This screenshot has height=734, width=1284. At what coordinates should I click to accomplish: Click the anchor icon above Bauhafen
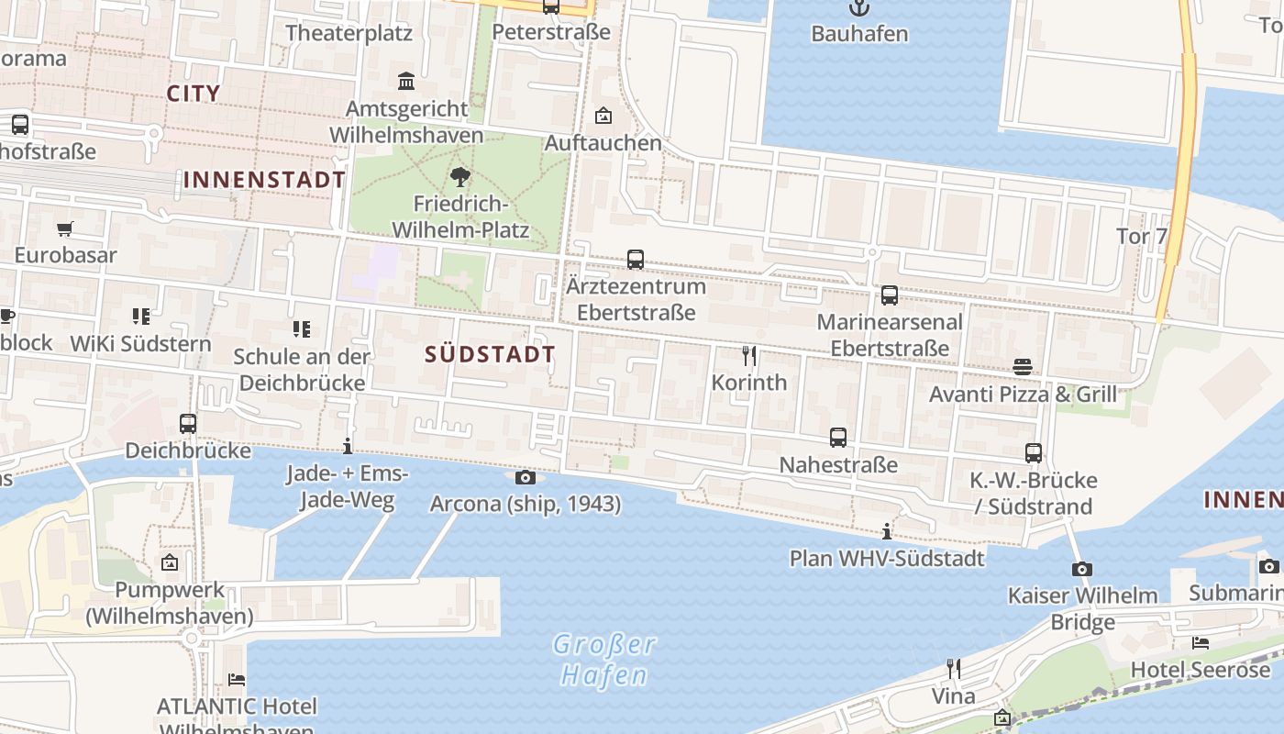click(x=858, y=8)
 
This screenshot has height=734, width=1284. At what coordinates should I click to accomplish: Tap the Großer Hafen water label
click(x=604, y=660)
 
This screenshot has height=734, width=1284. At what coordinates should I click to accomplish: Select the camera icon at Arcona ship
click(x=526, y=477)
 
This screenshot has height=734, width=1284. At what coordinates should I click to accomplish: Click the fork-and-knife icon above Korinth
click(x=749, y=356)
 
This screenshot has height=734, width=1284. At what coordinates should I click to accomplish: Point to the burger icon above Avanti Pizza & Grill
click(x=1023, y=367)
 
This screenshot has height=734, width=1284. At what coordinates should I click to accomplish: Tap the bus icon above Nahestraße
click(x=838, y=438)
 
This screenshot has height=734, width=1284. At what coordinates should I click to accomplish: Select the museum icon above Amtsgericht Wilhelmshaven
click(x=406, y=82)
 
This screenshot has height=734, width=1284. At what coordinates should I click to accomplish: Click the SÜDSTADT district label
click(x=491, y=354)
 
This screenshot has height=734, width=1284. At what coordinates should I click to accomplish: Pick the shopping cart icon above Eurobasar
click(x=64, y=228)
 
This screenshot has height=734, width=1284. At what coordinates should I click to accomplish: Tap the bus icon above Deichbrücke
click(x=188, y=424)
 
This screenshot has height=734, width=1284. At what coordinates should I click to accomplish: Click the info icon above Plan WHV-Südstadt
click(x=886, y=531)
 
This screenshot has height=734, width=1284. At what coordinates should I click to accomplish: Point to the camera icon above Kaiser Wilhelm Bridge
click(x=1082, y=569)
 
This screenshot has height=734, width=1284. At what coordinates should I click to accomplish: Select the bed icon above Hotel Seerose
click(x=1200, y=643)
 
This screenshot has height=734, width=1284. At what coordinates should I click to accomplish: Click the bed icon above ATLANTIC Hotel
click(x=237, y=680)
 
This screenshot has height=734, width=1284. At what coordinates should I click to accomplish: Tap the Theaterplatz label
click(x=349, y=33)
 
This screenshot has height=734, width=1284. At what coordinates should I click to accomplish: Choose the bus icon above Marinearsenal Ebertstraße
click(x=890, y=295)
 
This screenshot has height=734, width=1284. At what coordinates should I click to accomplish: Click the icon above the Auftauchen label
click(x=603, y=116)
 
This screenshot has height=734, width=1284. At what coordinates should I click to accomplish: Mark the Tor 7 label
click(x=1141, y=236)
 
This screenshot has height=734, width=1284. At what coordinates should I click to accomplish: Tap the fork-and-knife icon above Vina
click(x=954, y=669)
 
